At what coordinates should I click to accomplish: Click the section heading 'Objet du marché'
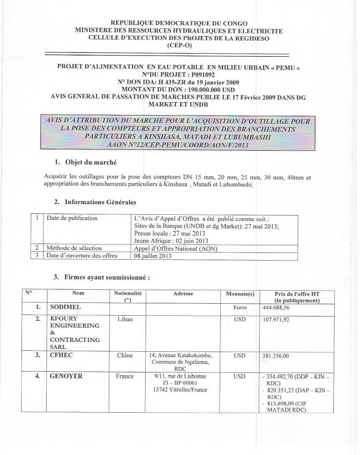pyautogui.click(x=91, y=162)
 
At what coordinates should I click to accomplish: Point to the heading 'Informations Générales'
pyautogui.click(x=100, y=202)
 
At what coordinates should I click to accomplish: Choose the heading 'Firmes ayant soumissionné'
pyautogui.click(x=107, y=277)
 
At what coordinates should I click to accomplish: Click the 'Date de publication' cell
pyautogui.click(x=72, y=218)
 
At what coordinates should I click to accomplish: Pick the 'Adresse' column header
pyautogui.click(x=183, y=293)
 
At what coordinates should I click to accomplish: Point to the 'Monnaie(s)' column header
pyautogui.click(x=240, y=294)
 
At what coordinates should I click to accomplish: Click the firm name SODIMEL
pyautogui.click(x=65, y=307)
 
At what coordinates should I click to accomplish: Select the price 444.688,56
pyautogui.click(x=276, y=308)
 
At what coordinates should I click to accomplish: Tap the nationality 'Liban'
pyautogui.click(x=125, y=319)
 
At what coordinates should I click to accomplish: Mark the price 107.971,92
pyautogui.click(x=276, y=319)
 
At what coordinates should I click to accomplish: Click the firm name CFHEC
pyautogui.click(x=61, y=355)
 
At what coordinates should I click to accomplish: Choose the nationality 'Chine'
pyautogui.click(x=125, y=355)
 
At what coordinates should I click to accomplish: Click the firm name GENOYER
pyautogui.click(x=66, y=376)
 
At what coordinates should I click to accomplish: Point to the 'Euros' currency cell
pyautogui.click(x=240, y=308)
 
